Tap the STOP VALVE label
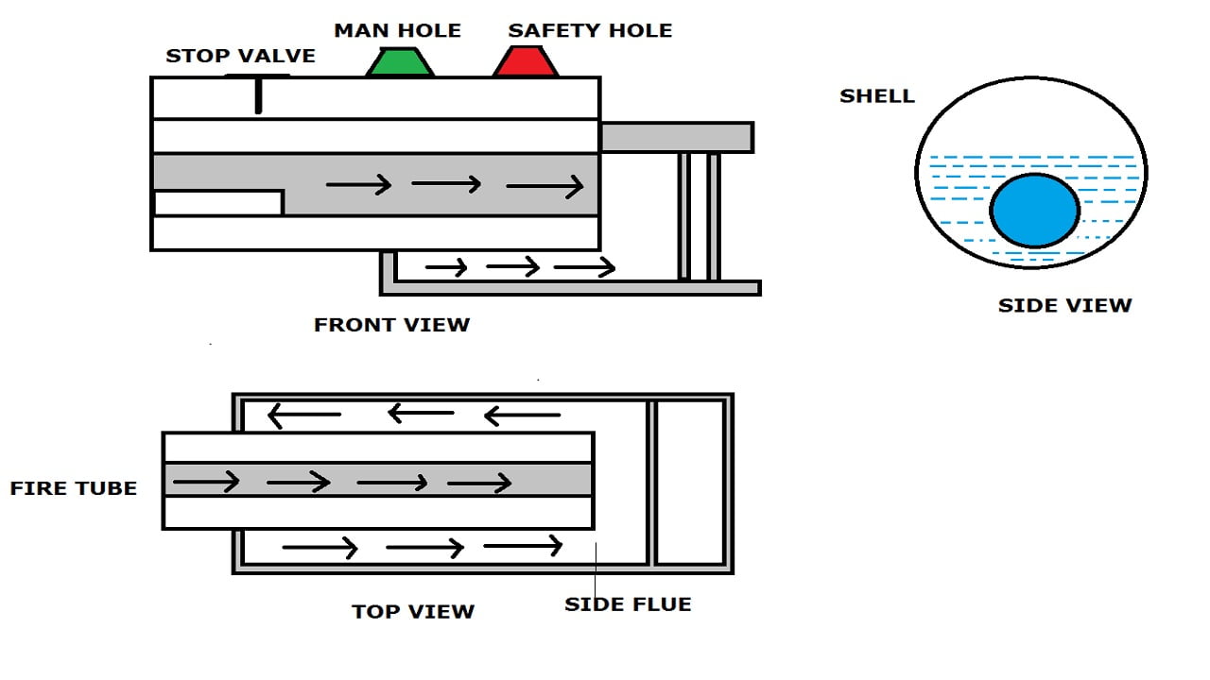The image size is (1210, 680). (x=240, y=56)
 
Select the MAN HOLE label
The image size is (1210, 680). (x=397, y=30)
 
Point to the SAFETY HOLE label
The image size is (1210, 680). (x=590, y=30)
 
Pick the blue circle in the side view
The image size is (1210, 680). (x=1035, y=211)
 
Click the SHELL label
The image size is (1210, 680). (x=877, y=95)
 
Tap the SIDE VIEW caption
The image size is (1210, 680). (x=1064, y=305)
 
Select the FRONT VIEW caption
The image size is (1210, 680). (x=391, y=325)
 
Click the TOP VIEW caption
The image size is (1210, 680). (x=413, y=611)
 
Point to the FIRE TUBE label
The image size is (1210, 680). (x=74, y=488)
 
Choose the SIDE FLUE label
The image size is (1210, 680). (x=628, y=604)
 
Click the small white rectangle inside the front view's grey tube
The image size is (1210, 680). (x=218, y=202)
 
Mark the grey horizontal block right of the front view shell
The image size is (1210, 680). (x=677, y=137)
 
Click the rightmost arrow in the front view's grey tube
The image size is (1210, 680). (x=545, y=187)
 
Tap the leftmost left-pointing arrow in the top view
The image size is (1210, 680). (x=303, y=414)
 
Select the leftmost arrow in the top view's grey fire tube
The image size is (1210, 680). (x=206, y=483)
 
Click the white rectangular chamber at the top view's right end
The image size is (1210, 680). (x=690, y=483)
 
